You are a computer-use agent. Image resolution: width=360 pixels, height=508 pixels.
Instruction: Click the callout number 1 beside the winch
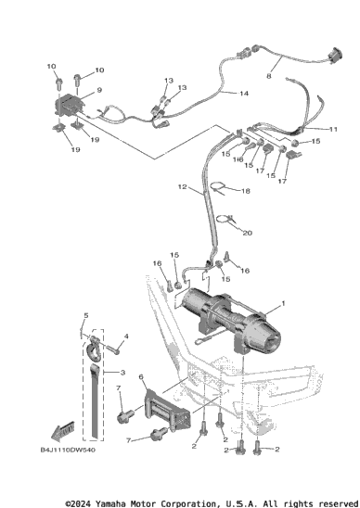click(x=283, y=303)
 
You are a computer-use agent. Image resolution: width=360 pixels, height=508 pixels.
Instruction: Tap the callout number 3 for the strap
click(x=122, y=373)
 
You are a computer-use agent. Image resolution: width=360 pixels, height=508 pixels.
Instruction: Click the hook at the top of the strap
click(x=95, y=349)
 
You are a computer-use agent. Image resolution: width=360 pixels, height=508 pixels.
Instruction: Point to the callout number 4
click(x=126, y=337)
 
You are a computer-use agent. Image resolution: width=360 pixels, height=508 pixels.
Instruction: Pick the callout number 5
click(x=86, y=315)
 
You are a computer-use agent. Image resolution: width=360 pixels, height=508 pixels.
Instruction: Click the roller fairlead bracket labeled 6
click(x=168, y=410)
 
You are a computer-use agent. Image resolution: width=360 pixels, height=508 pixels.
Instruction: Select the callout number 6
click(x=141, y=376)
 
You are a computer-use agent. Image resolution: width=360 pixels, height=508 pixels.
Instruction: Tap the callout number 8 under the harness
click(x=269, y=76)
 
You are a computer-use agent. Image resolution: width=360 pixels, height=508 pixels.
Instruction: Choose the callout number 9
click(x=99, y=90)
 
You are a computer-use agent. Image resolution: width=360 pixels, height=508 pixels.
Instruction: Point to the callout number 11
click(x=333, y=129)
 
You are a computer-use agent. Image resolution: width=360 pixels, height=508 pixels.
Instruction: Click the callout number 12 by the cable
click(x=183, y=186)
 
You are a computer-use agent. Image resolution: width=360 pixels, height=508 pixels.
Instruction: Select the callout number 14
click(x=244, y=94)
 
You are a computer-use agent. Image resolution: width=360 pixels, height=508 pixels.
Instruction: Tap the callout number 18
click(x=246, y=191)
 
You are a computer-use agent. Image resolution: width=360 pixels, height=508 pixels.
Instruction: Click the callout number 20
click(x=248, y=233)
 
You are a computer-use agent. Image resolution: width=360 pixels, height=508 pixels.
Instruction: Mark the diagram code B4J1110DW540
click(x=68, y=450)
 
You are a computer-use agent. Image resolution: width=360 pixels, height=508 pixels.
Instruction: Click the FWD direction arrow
click(x=62, y=432)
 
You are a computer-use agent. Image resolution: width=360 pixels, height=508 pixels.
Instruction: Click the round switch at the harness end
click(x=335, y=56)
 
